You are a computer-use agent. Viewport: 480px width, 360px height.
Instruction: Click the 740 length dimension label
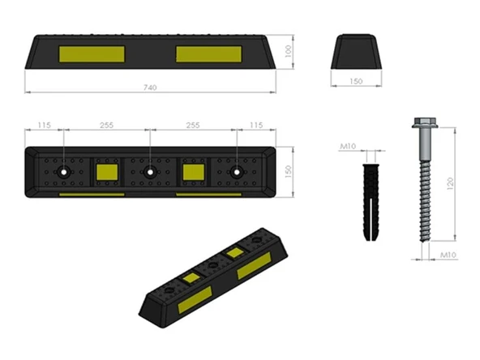click(x=150, y=88)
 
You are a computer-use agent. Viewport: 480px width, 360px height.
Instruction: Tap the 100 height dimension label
click(x=288, y=51)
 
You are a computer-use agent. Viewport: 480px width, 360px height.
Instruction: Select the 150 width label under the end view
click(x=356, y=81)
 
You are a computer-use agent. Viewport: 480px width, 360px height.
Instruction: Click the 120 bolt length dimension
click(x=450, y=183)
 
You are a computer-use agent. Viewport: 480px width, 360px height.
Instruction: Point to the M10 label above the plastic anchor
click(x=348, y=146)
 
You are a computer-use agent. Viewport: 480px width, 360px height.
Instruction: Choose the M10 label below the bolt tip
click(x=448, y=255)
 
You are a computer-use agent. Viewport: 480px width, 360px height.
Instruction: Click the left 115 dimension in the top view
click(x=44, y=125)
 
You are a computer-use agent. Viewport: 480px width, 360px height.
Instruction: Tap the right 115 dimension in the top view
click(x=256, y=125)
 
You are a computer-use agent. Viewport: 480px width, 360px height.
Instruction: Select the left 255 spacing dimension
click(x=106, y=125)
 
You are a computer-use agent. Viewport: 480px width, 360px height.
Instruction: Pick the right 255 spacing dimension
click(x=193, y=125)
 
